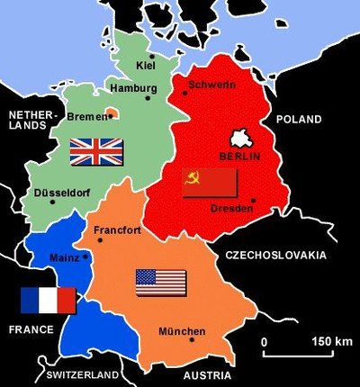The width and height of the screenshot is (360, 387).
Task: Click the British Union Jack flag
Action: tap(95, 152)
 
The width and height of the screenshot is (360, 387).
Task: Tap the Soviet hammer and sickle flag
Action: tap(209, 182)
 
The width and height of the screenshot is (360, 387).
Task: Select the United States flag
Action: tap(161, 283)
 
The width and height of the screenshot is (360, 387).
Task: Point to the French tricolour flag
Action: tap(49, 301)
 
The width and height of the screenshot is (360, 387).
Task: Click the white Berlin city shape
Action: tap(241, 138)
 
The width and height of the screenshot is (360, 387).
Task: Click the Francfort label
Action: tap(118, 229)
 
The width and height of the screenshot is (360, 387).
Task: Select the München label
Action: tap(182, 332)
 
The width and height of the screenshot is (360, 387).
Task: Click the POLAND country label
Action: tap(298, 119)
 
